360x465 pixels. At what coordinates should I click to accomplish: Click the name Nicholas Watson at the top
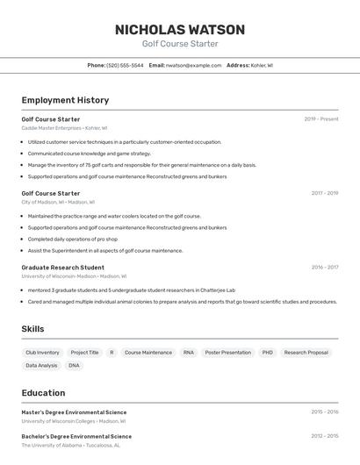tap(180, 29)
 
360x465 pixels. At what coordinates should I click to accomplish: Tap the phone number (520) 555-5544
tap(125, 65)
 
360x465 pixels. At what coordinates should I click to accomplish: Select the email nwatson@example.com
tap(193, 65)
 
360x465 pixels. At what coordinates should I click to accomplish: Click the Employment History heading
tap(65, 100)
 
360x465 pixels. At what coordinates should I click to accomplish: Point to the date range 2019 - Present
tap(321, 118)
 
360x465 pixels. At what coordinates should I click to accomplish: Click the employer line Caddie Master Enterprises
tap(64, 128)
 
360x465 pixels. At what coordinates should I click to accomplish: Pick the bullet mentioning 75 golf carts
tap(141, 165)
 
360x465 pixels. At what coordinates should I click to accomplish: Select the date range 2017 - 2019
tap(324, 193)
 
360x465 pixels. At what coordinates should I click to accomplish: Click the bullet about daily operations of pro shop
tap(72, 239)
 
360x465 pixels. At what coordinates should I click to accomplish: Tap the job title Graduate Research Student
tap(62, 267)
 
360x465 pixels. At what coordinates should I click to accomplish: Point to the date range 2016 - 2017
tap(324, 267)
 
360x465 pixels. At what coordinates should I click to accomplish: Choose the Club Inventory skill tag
tap(42, 353)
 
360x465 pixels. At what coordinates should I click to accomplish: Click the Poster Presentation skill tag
tap(227, 353)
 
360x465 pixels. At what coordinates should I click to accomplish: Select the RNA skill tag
tap(188, 353)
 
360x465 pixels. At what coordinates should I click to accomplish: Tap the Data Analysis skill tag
tap(41, 366)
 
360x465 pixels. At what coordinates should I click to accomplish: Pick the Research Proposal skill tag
tap(306, 353)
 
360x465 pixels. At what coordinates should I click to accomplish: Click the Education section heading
tap(43, 393)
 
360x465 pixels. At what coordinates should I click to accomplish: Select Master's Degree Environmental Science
tap(74, 412)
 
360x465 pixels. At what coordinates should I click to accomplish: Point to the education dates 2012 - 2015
tap(324, 436)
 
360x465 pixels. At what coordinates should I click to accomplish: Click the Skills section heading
tap(32, 329)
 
